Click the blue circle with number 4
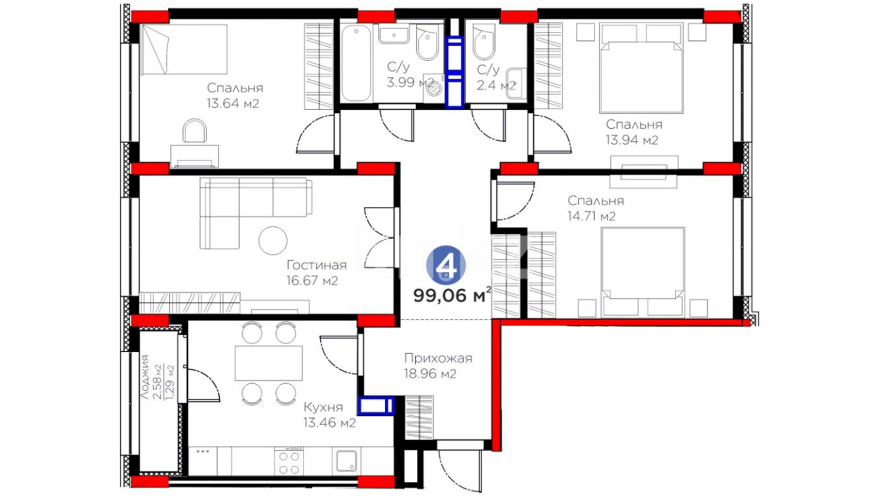[446, 265]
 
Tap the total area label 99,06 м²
[452, 295]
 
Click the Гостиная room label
[317, 265]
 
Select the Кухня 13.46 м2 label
[330, 415]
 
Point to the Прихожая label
[438, 358]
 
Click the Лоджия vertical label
[145, 377]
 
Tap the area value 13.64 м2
[233, 103]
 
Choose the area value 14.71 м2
[591, 216]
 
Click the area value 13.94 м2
[632, 140]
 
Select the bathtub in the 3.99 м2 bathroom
[356, 63]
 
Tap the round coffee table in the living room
[273, 240]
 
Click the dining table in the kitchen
[268, 363]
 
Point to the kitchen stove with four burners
[289, 461]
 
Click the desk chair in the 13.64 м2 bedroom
[195, 131]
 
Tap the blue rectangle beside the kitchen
[376, 406]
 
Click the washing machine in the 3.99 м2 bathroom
[434, 89]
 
